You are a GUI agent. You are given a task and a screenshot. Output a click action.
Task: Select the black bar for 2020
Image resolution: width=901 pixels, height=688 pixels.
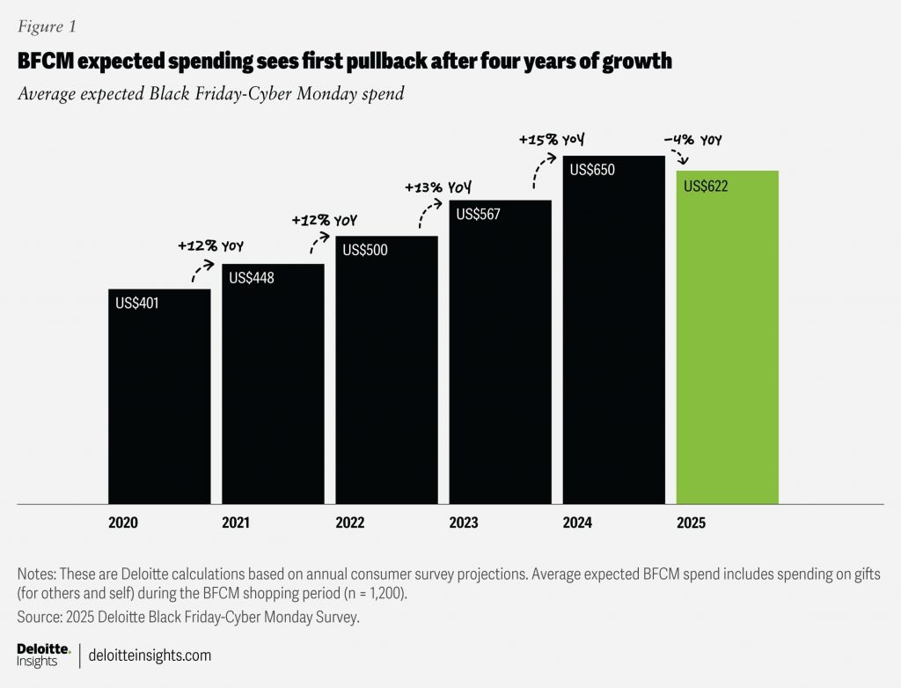coord(159,396)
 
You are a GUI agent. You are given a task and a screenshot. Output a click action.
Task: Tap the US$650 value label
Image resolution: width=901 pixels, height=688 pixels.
coord(592,170)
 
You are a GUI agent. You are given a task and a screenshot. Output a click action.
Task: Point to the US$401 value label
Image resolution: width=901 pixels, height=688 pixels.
coord(136,303)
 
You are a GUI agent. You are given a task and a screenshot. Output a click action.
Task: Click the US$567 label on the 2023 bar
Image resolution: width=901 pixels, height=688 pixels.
coord(478,214)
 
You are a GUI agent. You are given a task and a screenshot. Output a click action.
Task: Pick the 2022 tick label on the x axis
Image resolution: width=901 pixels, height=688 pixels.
coord(350,523)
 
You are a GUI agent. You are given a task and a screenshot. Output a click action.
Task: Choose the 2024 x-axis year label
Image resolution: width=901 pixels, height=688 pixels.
coord(577,523)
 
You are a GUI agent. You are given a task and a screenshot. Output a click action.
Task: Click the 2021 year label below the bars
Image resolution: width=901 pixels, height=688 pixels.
coord(237,523)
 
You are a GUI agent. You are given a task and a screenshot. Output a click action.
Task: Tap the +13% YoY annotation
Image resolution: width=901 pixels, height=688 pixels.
coord(438,188)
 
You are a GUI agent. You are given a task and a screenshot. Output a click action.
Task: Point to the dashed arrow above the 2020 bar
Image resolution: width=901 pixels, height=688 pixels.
coord(202,270)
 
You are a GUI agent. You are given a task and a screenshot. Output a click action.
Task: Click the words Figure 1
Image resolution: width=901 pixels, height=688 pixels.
coord(46,26)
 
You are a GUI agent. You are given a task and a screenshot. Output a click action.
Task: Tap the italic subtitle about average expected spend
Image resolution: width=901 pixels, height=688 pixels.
coord(210,94)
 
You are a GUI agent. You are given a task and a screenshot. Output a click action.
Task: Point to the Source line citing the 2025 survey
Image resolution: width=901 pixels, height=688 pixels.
coord(188,618)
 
